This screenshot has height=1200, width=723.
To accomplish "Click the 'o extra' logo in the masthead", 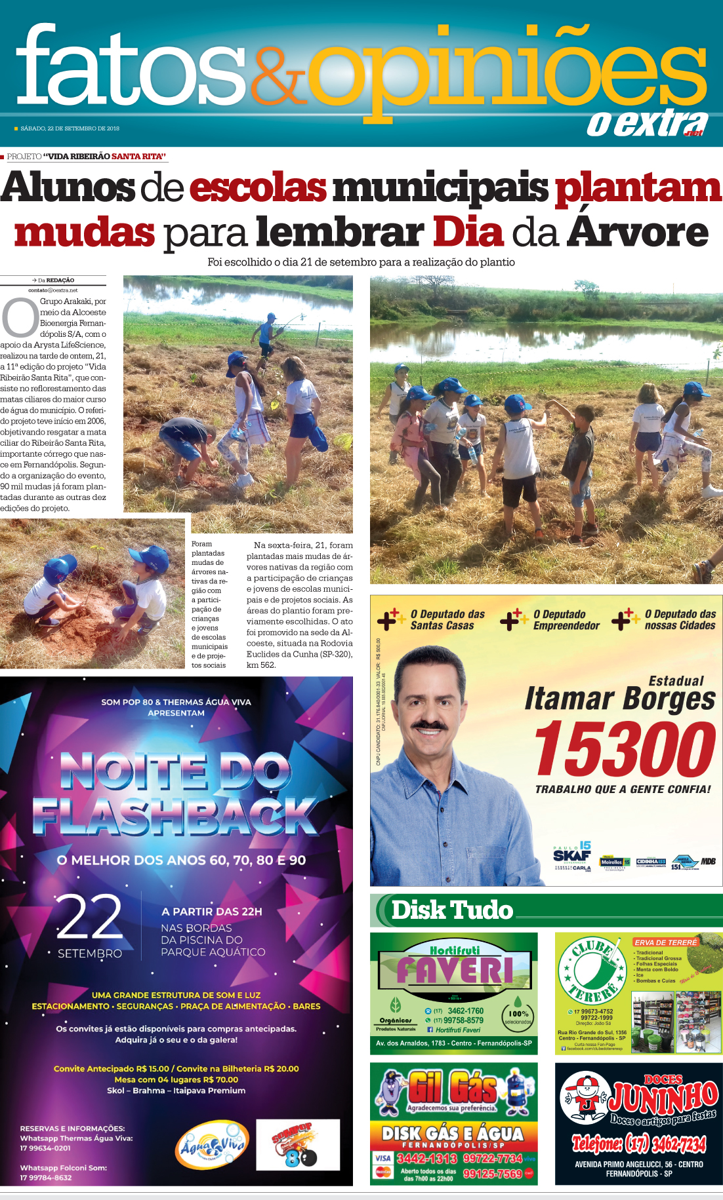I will (647, 124).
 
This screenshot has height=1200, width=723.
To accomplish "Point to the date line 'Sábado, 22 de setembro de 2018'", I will (70, 128).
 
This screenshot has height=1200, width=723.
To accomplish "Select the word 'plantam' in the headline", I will (638, 188).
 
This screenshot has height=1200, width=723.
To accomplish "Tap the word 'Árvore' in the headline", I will (638, 233).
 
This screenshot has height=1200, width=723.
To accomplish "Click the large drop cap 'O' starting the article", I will (20, 317).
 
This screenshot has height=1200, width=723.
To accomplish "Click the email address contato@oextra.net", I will (53, 290).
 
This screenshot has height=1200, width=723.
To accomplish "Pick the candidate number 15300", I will (625, 749).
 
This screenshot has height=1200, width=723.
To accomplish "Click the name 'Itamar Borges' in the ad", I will (619, 699).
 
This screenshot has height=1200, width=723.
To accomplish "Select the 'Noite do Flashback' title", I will (176, 794).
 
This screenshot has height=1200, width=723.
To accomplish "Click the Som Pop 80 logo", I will (297, 1145).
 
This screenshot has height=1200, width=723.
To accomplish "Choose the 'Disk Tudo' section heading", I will (452, 910).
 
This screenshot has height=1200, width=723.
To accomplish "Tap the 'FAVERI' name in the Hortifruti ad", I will (455, 969).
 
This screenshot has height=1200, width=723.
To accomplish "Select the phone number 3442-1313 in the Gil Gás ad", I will (426, 1158).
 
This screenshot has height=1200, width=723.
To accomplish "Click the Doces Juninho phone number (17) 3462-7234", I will (638, 1144).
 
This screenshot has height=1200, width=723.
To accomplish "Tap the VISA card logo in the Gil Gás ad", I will (383, 1158).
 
